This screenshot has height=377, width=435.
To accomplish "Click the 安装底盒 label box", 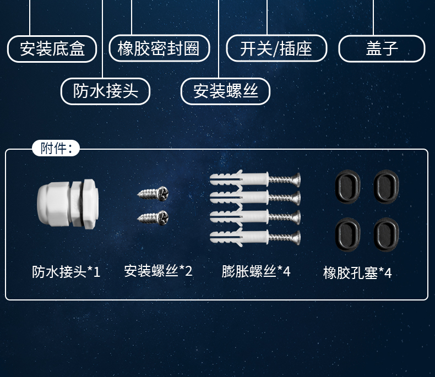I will (52, 49).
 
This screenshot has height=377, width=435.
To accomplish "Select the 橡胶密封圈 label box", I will (160, 49).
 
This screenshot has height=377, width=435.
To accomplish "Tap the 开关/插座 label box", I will (276, 49).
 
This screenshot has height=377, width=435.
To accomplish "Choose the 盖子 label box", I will (382, 49).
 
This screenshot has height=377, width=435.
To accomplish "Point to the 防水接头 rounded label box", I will (105, 91).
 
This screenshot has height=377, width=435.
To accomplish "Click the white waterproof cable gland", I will (67, 204).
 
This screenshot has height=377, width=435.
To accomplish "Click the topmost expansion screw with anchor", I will (255, 179).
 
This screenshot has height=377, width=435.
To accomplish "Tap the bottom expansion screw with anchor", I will (255, 238).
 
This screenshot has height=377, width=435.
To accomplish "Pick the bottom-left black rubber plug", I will (348, 233).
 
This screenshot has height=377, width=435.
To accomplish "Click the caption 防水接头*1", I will (66, 272).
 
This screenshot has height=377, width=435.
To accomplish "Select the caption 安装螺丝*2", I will (158, 271).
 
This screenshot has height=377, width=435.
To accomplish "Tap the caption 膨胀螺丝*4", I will (255, 271).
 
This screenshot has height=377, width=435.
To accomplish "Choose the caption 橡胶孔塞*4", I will (357, 273).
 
